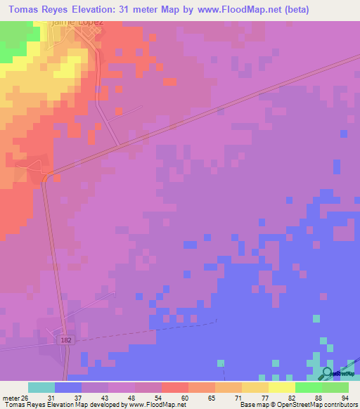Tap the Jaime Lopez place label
pos(78,23)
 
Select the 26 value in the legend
pos(28,397)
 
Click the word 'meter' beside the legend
pos(12,397)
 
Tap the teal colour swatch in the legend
pos(41,387)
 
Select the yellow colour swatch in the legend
pos(281,387)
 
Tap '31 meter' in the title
pos(141,10)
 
